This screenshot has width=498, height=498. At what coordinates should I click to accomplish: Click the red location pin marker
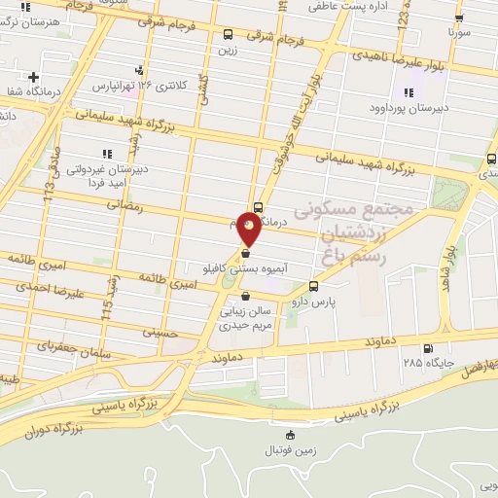[250, 231]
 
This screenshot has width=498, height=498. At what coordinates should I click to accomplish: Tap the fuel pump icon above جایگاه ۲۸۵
[428, 348]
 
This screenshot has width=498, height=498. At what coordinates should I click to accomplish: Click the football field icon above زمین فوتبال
[288, 435]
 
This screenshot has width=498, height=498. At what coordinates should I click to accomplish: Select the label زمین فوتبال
[288, 451]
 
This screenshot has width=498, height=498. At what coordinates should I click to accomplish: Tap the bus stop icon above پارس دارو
[313, 286]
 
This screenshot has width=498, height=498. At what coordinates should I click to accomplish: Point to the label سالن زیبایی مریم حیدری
[247, 319]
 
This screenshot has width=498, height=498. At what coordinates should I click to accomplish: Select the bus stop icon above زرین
[227, 33]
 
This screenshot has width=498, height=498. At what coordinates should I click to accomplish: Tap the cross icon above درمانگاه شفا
[34, 77]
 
